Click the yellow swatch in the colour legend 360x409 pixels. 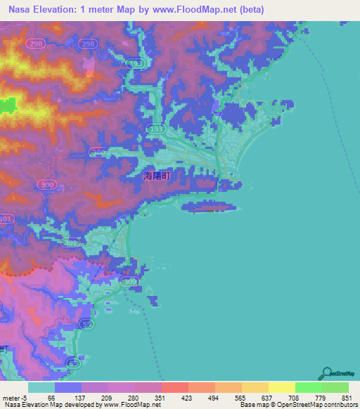(281, 387)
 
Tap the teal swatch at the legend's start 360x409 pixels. (41, 387)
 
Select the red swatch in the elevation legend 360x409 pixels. (174, 387)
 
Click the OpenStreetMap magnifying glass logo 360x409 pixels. (326, 373)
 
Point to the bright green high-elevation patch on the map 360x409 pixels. (7, 106)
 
